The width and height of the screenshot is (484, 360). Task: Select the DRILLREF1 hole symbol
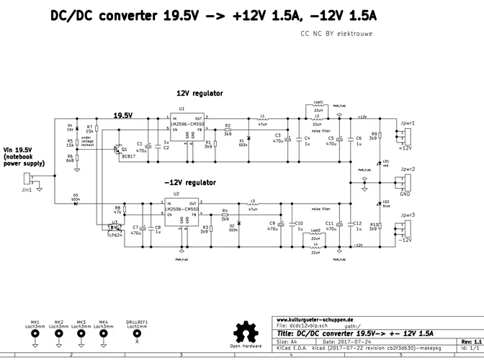[x=137, y=334]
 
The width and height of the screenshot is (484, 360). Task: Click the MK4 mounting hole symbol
[x=104, y=334]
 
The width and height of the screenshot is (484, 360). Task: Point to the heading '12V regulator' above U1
[x=200, y=93]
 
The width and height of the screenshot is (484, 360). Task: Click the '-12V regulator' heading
[x=189, y=183]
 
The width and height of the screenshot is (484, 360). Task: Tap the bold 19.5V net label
[x=123, y=115]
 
